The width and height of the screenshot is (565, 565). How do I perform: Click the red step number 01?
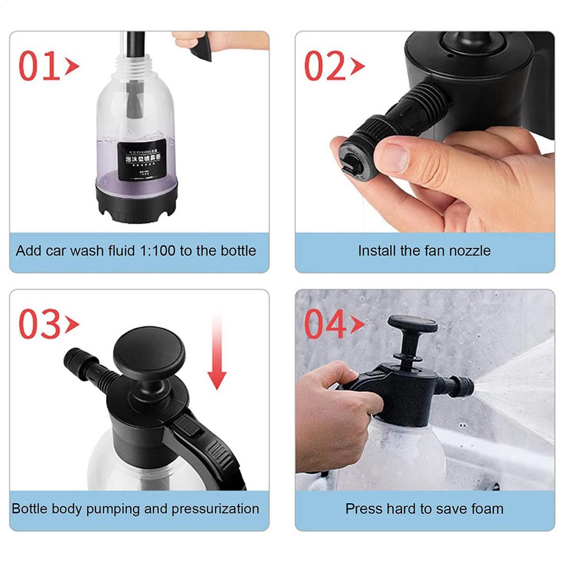(x=40, y=66)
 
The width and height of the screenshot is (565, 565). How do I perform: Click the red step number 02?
(x=326, y=66)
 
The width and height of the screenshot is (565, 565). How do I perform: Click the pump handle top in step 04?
(x=412, y=324)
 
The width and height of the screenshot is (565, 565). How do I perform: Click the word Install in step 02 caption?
(x=376, y=251)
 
